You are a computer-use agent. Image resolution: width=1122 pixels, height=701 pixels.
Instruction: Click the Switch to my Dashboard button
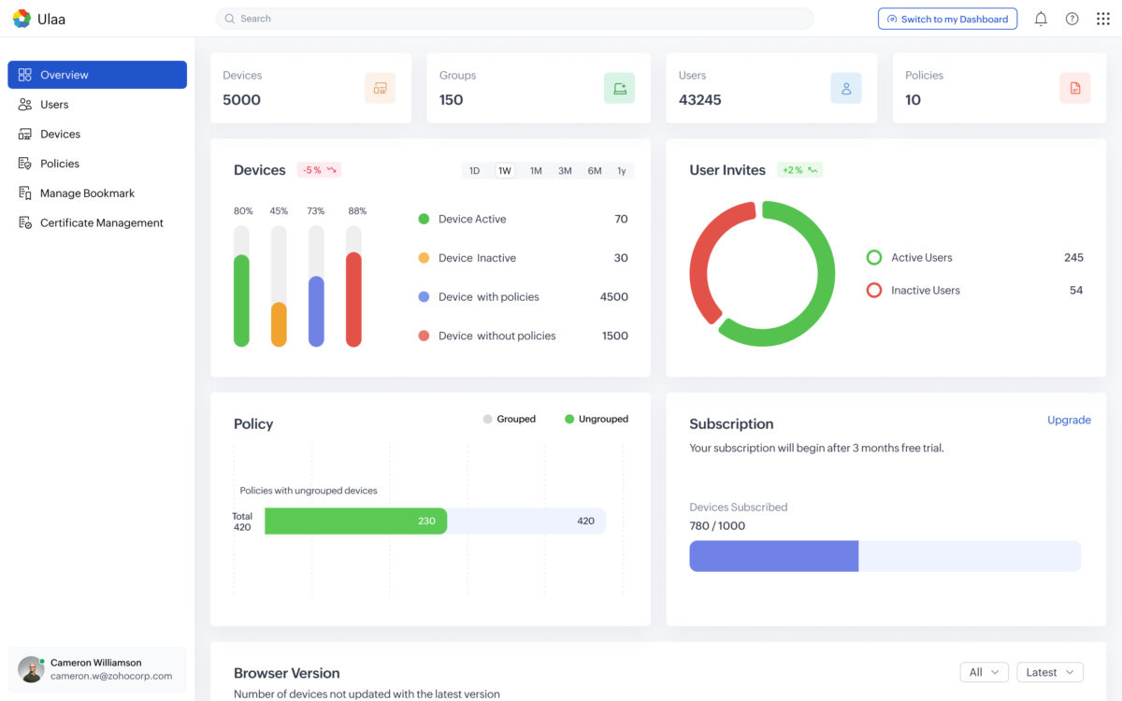(x=947, y=19)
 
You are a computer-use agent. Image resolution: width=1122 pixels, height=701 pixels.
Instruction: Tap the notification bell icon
(x=1041, y=19)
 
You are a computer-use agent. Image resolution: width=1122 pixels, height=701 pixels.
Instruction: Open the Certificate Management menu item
(x=101, y=223)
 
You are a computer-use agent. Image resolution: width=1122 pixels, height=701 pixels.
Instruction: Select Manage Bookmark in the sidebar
(x=87, y=193)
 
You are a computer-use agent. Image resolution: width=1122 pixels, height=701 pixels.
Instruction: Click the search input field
(x=514, y=19)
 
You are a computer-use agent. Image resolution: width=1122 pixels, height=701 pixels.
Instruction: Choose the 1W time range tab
(x=505, y=171)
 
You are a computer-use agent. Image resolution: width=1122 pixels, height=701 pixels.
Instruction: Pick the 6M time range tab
(x=595, y=171)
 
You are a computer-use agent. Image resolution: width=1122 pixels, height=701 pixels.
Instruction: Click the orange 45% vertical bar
(x=279, y=324)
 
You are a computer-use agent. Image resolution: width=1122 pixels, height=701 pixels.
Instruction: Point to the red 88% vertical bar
(x=353, y=299)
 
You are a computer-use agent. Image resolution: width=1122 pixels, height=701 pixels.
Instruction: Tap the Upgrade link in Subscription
(x=1069, y=421)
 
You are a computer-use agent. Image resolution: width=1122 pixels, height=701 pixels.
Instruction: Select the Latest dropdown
(x=1050, y=672)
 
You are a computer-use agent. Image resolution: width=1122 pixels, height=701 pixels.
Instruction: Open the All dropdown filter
(x=984, y=672)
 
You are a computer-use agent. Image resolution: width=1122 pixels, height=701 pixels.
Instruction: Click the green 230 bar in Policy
(x=355, y=522)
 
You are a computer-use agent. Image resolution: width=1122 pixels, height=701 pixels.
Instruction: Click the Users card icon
(x=846, y=89)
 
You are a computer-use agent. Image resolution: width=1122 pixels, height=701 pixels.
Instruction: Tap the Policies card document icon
(x=1075, y=89)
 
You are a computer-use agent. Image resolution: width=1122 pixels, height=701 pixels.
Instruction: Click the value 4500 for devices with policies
(x=613, y=297)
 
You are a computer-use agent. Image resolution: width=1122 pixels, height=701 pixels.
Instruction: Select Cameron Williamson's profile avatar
(x=31, y=669)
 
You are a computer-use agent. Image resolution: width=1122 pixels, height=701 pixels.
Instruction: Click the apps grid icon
(x=1103, y=19)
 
